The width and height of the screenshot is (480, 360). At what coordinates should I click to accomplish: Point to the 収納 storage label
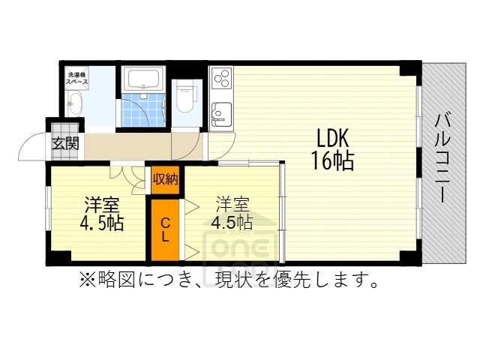tap(165, 178)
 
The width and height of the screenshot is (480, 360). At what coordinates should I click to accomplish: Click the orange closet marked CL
tap(165, 229)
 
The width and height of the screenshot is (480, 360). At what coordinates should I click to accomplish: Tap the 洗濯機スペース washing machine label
tap(79, 77)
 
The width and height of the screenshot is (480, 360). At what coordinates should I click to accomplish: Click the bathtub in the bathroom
tap(145, 79)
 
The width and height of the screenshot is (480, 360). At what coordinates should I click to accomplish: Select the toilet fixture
tap(184, 94)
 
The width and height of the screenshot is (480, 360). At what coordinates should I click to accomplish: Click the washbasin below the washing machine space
tap(76, 105)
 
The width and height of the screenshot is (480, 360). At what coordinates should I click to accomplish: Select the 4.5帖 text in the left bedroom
tap(101, 223)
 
